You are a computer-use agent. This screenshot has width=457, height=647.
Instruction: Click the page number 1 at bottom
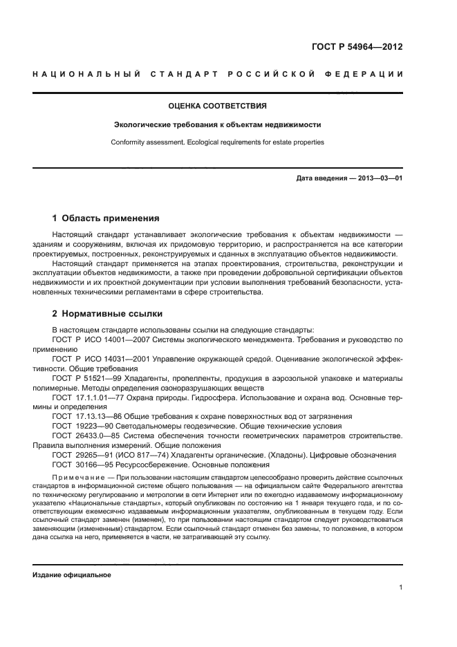click(x=400, y=588)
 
